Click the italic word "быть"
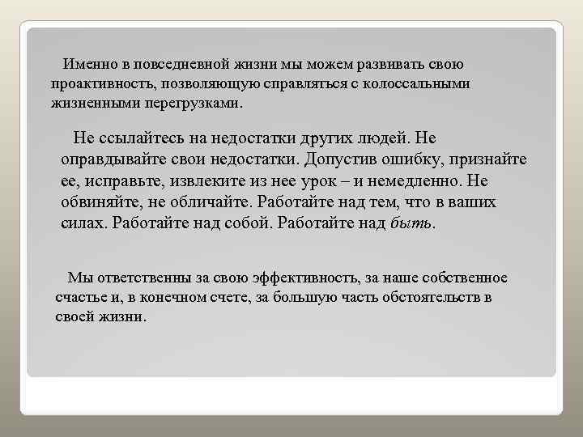pyautogui.click(x=411, y=223)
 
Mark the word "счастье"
pyautogui.click(x=81, y=298)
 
